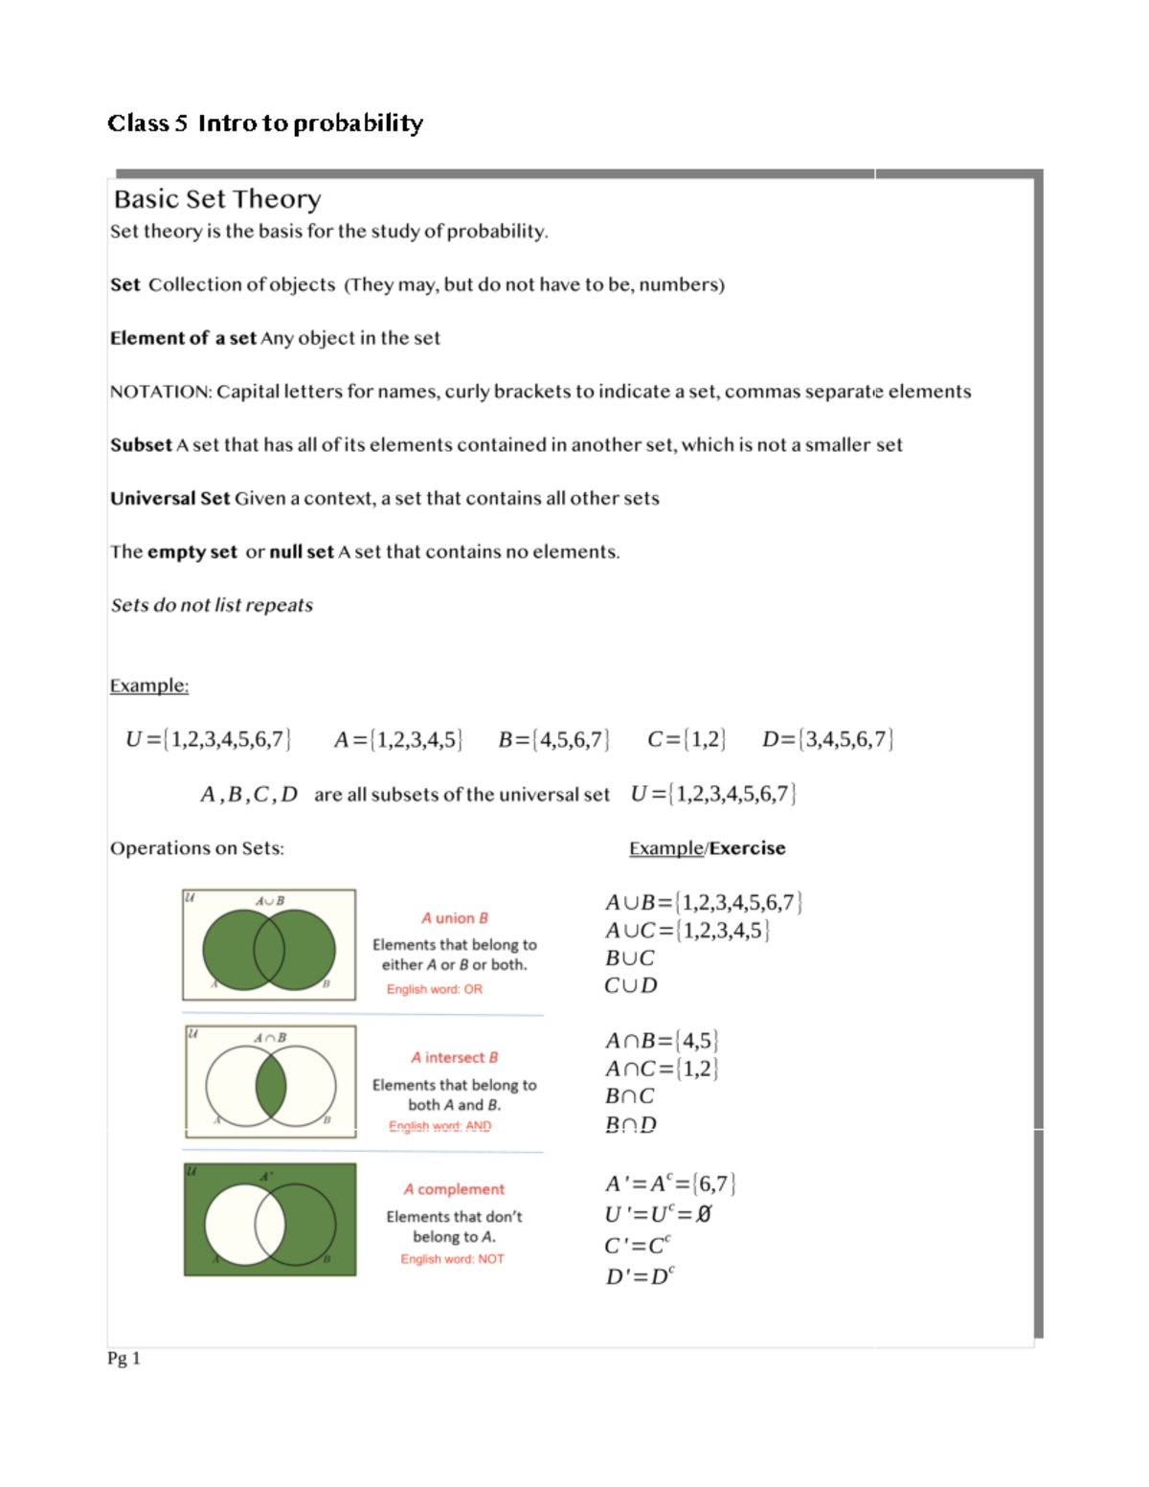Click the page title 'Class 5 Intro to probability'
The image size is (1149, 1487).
click(x=265, y=124)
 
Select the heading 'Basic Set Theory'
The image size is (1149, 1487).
click(x=217, y=199)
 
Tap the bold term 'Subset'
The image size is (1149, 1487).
click(x=141, y=445)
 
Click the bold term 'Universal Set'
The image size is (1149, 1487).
click(x=169, y=499)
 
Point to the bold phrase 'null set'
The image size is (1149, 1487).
click(x=301, y=552)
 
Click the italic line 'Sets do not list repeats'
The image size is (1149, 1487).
click(x=212, y=605)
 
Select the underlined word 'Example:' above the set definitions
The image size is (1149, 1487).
click(x=148, y=686)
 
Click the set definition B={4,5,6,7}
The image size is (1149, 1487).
click(x=553, y=739)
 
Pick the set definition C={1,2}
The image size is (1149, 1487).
click(x=687, y=739)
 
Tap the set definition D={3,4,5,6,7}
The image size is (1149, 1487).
click(x=827, y=739)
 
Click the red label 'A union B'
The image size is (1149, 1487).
click(x=455, y=918)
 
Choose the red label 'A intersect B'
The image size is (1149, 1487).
click(x=455, y=1057)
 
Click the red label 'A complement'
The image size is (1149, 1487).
click(x=454, y=1189)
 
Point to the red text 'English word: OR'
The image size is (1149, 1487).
click(x=435, y=989)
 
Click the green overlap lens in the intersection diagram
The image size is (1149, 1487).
click(x=271, y=1085)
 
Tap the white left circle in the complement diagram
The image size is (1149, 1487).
click(x=231, y=1224)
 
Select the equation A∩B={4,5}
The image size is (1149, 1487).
click(x=662, y=1041)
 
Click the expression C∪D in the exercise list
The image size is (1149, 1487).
click(x=631, y=985)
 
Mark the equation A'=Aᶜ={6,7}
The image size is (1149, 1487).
click(x=670, y=1184)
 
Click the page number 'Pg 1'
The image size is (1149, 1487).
click(x=124, y=1358)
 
